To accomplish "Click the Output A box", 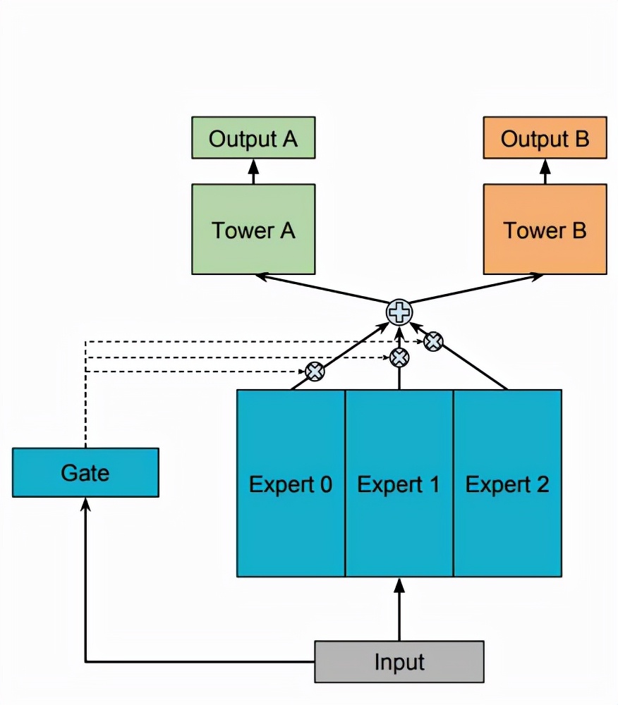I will pos(253,138).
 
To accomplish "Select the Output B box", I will pos(545,138).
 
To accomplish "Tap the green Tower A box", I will pos(253,229).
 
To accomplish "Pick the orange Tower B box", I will pos(545,229).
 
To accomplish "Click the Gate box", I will pos(85,472).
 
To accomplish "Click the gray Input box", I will pos(399,662).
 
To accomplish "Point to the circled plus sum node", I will pos(399,312).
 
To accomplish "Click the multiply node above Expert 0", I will pos(314,371).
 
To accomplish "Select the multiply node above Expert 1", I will pos(399,357).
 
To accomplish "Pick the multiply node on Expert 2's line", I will pos(433,342).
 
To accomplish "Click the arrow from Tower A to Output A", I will pos(253,171).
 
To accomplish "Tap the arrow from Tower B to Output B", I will pos(545,171).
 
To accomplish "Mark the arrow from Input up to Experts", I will pos(399,609).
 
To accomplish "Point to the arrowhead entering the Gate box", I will pos(85,503).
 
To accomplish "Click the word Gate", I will pos(85,472).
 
